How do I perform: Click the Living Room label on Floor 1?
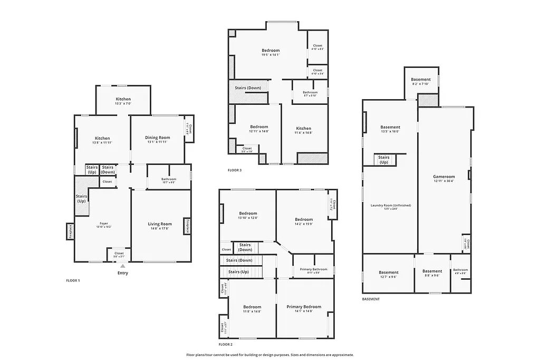click(x=160, y=224)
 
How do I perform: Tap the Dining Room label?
click(x=158, y=138)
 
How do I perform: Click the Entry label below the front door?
click(x=122, y=273)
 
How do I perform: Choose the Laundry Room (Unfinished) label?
click(x=391, y=205)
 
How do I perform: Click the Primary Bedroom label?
click(x=304, y=307)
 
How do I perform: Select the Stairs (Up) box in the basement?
click(x=384, y=159)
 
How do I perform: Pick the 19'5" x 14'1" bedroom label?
click(x=271, y=51)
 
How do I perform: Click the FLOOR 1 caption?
click(x=72, y=280)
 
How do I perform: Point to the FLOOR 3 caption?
click(x=235, y=170)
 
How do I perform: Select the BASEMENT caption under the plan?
click(x=371, y=299)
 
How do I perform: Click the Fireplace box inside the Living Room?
click(x=187, y=226)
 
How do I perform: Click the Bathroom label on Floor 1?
click(x=169, y=179)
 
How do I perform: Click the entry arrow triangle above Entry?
click(x=122, y=266)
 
